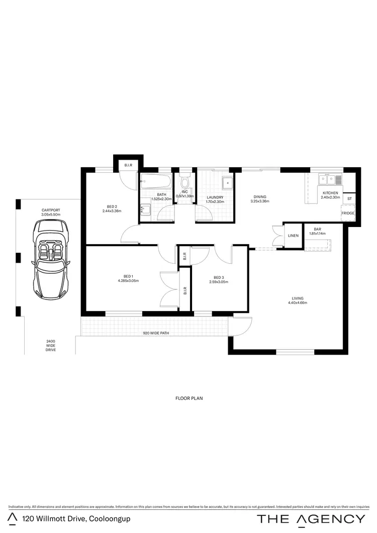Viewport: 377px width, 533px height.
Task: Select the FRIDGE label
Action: (348, 213)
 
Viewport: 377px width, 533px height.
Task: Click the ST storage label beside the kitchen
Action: (349, 199)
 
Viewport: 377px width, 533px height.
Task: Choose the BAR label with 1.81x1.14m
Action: (317, 231)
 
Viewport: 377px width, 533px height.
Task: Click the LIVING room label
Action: (297, 300)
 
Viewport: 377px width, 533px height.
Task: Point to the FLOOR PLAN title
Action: (189, 398)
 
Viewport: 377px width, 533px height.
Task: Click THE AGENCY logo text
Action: (311, 519)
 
